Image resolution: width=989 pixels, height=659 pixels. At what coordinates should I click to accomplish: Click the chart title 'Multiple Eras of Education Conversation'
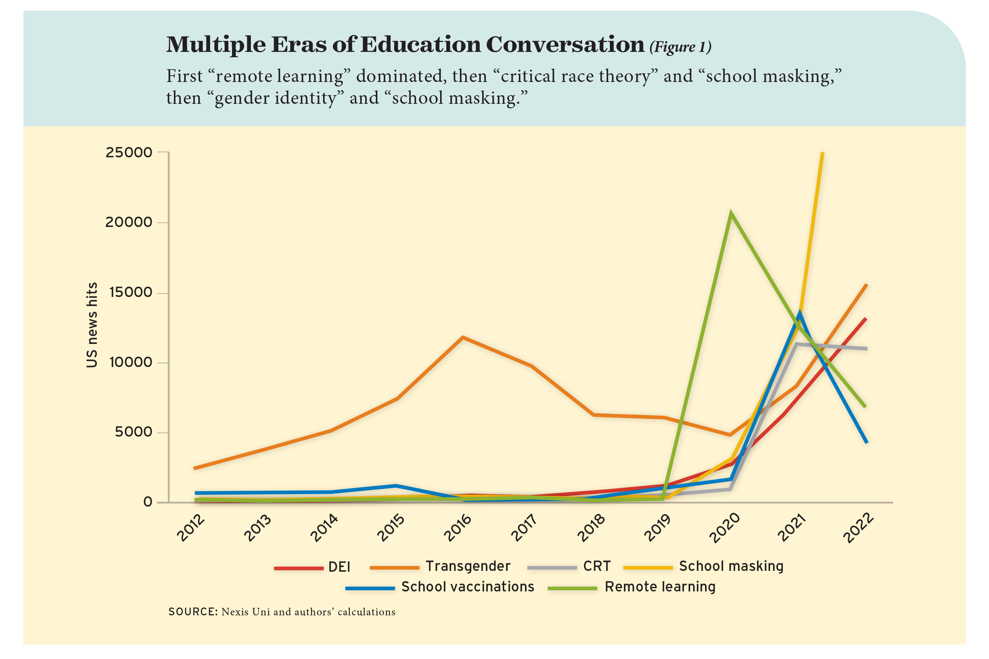tap(405, 44)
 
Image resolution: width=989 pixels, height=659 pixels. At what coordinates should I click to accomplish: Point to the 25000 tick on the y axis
tap(129, 152)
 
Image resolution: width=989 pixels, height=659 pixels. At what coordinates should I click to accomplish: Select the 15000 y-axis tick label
tap(130, 292)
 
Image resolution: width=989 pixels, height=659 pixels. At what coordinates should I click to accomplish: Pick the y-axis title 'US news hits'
tap(91, 325)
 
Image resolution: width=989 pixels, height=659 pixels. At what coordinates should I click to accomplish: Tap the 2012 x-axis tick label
tap(191, 528)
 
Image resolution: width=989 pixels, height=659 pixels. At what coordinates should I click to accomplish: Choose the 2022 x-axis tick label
tap(859, 528)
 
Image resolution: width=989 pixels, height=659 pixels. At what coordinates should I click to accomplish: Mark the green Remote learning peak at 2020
tap(731, 213)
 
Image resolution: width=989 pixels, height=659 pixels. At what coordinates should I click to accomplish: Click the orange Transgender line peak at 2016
tap(462, 337)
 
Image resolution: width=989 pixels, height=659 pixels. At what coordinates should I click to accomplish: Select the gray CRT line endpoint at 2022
tap(866, 348)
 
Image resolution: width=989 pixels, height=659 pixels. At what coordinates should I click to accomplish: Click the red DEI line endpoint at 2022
tap(866, 318)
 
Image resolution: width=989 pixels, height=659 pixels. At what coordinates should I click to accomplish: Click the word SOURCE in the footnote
tap(192, 612)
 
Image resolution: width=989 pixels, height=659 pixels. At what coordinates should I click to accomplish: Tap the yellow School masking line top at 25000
tap(823, 154)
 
